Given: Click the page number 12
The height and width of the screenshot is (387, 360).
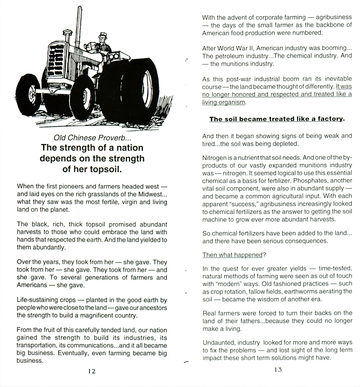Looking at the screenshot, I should [x=91, y=371].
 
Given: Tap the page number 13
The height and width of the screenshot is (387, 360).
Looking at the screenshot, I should [x=278, y=370].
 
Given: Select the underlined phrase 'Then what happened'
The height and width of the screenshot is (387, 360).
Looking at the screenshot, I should [x=232, y=255].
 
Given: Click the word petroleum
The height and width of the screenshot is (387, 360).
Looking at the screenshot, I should [x=232, y=56].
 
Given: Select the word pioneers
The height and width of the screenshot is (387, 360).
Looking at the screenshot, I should [x=67, y=187].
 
